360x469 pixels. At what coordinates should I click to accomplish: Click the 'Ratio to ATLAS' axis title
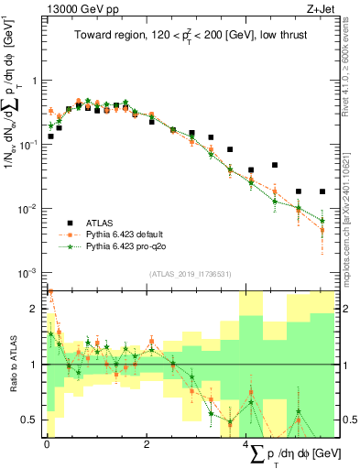tap(11, 365)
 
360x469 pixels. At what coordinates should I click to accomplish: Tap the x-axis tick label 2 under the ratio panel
tap(147, 445)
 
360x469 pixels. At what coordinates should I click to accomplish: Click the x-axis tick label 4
tap(247, 445)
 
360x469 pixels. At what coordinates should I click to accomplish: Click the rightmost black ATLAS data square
tap(322, 191)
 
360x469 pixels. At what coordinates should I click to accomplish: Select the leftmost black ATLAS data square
tap(50, 136)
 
